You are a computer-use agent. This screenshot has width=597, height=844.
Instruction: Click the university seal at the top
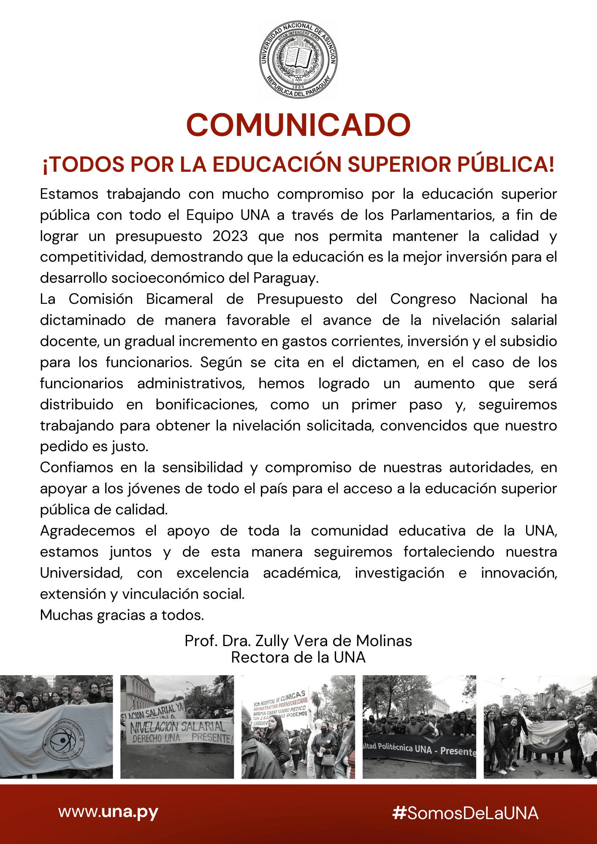pos(298,60)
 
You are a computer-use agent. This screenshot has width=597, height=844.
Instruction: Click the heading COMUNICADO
pos(298,125)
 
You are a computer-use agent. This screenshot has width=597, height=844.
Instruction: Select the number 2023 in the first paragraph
pos(230,236)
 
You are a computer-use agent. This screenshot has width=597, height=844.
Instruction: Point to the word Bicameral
pos(179,299)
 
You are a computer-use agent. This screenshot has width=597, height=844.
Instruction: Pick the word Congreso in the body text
pos(423,299)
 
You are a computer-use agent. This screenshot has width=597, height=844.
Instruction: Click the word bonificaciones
pos(206,404)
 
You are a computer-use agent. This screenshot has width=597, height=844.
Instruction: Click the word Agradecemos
pos(87,530)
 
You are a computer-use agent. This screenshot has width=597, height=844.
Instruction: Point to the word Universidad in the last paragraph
pos(81,573)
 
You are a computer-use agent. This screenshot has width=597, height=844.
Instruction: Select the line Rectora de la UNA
pos(298,657)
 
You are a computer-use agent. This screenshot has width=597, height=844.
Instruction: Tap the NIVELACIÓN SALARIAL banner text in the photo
pos(178,727)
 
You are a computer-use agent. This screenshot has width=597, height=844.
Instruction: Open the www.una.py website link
pos(108,812)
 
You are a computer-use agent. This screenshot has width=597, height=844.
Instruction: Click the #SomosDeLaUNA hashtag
pos(465,813)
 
